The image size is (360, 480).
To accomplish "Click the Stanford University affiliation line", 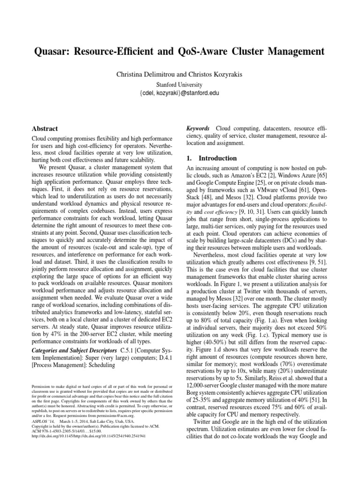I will click(x=180, y=85).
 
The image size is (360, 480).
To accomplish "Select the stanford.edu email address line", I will click(x=180, y=93).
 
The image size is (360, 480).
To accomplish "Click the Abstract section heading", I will click(x=45, y=128).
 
